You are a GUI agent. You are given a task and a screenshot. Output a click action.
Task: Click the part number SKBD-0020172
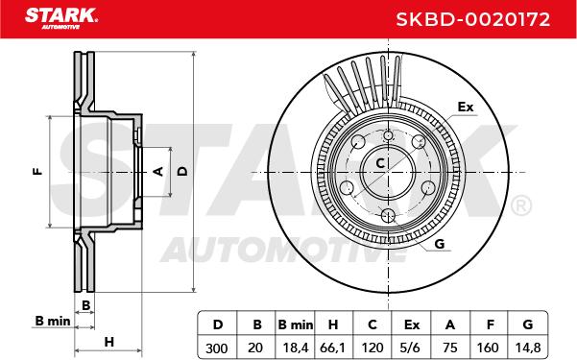coord(473,19)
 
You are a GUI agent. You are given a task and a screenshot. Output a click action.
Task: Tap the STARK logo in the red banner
coord(61,18)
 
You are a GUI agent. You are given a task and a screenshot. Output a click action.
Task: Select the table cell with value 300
coord(217,348)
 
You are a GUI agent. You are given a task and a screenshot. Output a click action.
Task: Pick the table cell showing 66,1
coord(332,348)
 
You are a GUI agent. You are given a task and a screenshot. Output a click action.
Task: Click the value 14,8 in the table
coord(528,348)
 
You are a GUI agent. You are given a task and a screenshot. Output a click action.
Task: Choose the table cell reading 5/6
coord(412,348)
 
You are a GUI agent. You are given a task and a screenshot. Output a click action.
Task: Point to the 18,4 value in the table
coord(296,348)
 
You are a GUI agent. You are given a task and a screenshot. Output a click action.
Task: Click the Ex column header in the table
coord(412,324)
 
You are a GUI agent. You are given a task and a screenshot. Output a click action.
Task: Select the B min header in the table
coord(296,324)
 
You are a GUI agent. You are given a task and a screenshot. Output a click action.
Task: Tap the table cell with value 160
coord(488,348)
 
